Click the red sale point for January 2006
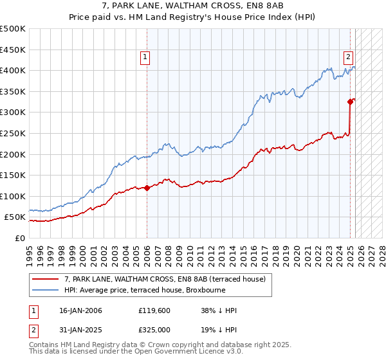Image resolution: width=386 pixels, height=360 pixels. tap(147, 188)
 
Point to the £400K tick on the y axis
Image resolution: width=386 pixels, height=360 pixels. tap(13, 71)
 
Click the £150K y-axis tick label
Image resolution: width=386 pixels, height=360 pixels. tap(13, 175)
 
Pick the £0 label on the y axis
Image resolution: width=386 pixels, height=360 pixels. tap(19, 238)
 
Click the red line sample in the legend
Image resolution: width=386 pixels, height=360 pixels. tap(46, 279)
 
